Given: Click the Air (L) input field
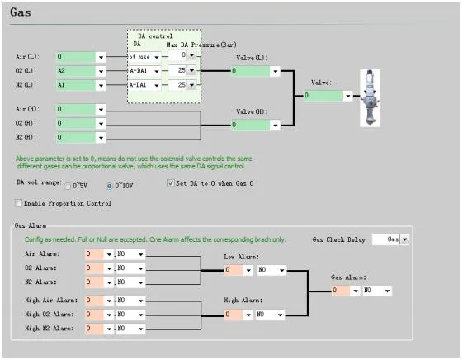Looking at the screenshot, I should pos(76,57).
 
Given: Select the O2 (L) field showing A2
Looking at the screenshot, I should pos(76,71).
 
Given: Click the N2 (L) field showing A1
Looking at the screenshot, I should pos(76,84).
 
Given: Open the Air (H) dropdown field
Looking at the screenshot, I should pos(101,109).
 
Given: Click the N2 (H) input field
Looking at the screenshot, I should pos(76,136).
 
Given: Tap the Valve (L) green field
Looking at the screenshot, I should pos(251,71).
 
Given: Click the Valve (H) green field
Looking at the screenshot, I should pos(251,126).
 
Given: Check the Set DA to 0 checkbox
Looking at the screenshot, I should pos(171,183).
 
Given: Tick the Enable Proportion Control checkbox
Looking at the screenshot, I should pos(18,203).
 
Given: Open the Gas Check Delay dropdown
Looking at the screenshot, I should pos(404,239).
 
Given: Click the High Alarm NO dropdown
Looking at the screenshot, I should pos(271,314).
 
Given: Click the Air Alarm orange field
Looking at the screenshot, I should pos(94,255).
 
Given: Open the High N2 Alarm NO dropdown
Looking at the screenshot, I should pos(130,328).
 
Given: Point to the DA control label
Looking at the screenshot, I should pos(154,36).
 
